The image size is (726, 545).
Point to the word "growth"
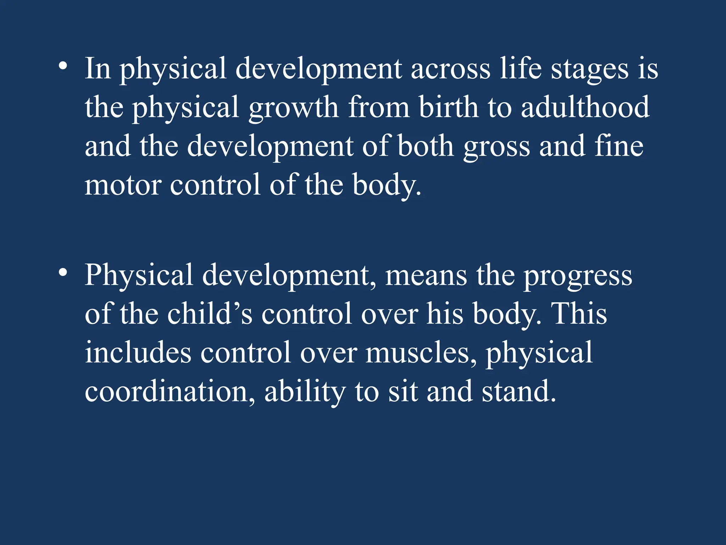(x=294, y=108)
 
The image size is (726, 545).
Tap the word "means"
(x=426, y=276)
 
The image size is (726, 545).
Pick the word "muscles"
(x=421, y=353)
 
